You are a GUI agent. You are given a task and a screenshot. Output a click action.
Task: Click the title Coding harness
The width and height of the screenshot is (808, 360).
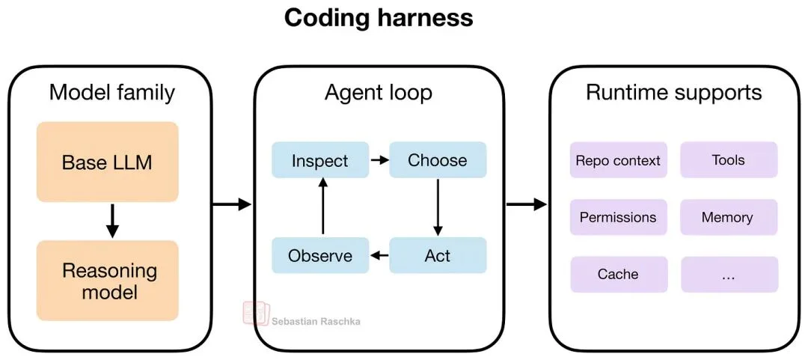[x=379, y=18]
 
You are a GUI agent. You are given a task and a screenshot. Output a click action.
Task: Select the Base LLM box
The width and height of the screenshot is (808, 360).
[x=107, y=162]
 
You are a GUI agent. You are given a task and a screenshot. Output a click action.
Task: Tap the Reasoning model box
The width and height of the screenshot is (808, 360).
[x=107, y=281]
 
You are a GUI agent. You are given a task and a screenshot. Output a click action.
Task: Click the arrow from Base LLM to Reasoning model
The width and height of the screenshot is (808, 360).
[x=111, y=220]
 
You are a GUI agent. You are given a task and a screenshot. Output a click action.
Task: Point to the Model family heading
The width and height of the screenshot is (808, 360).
[x=111, y=93]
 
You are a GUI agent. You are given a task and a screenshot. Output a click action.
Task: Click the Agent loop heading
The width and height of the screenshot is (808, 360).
[x=378, y=93]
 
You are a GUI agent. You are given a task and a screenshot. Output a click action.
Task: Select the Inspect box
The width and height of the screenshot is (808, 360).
[x=320, y=160]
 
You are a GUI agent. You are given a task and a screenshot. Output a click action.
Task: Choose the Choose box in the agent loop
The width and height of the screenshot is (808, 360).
[x=438, y=160]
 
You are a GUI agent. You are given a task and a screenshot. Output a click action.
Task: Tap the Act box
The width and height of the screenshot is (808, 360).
[x=438, y=255]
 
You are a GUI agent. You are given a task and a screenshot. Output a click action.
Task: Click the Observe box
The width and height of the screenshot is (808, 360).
[x=320, y=255]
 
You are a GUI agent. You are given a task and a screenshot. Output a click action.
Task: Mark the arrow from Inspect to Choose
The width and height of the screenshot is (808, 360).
[x=379, y=160]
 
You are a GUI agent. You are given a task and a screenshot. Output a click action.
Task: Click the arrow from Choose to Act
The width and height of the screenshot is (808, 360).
[x=438, y=207]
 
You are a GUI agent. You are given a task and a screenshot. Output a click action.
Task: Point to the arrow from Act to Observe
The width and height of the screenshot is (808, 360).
[x=379, y=255]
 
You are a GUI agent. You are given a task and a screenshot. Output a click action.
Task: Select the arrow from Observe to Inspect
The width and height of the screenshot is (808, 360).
[x=322, y=207]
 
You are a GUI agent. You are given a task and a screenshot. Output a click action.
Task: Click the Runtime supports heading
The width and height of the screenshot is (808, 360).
[x=673, y=93]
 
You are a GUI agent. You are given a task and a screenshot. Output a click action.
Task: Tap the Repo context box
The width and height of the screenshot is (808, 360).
[x=618, y=160]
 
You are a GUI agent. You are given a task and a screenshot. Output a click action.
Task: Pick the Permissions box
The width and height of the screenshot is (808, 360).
[x=618, y=217]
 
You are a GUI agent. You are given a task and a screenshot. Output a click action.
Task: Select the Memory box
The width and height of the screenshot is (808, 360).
[x=728, y=217]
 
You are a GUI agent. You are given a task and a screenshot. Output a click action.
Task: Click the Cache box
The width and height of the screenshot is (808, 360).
[x=618, y=274]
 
